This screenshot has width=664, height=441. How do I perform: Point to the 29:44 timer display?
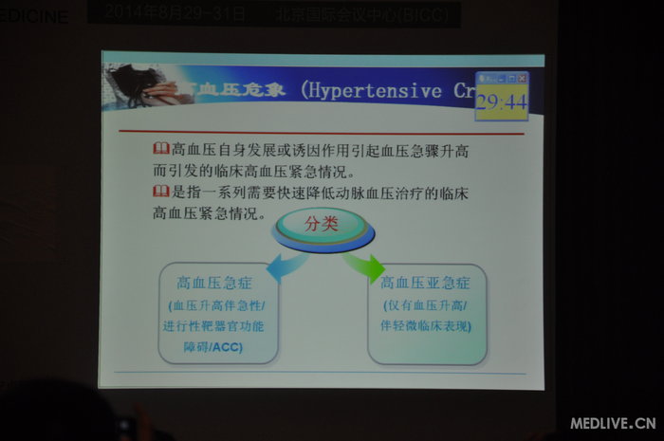(x=501, y=102)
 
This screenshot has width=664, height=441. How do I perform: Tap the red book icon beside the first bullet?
(x=160, y=149)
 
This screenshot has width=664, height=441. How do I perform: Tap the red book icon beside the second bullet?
(x=160, y=193)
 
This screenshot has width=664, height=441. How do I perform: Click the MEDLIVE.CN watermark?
(x=613, y=423)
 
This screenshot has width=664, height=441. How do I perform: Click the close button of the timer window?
(x=522, y=78)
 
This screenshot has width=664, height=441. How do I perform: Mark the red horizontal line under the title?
(x=323, y=132)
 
